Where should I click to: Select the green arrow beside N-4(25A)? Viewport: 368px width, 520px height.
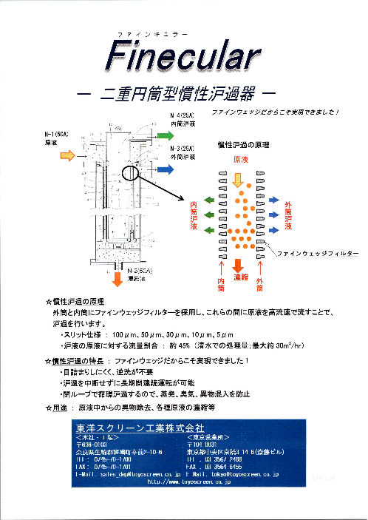point(161,136)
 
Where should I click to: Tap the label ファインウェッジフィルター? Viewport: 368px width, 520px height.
point(318,254)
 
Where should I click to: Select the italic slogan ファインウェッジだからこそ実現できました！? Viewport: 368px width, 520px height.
point(275,112)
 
